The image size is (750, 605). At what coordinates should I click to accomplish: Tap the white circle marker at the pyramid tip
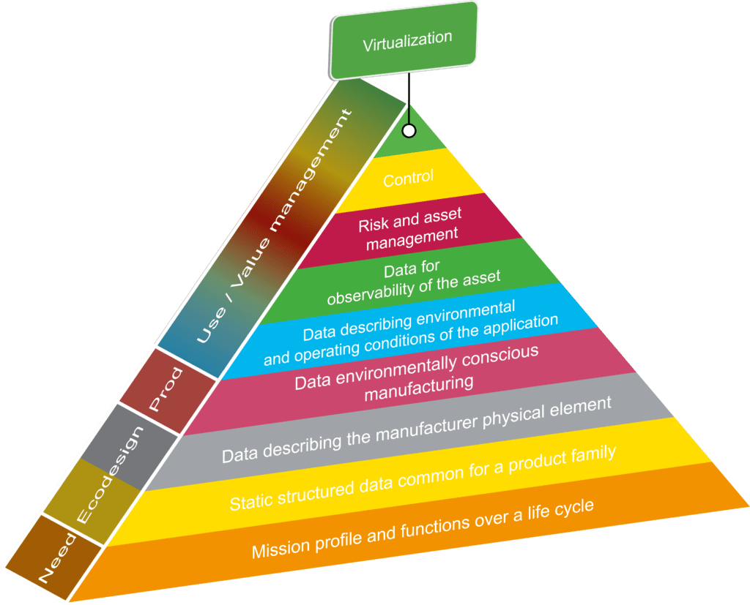click(409, 130)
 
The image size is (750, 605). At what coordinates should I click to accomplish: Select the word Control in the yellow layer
click(409, 177)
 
